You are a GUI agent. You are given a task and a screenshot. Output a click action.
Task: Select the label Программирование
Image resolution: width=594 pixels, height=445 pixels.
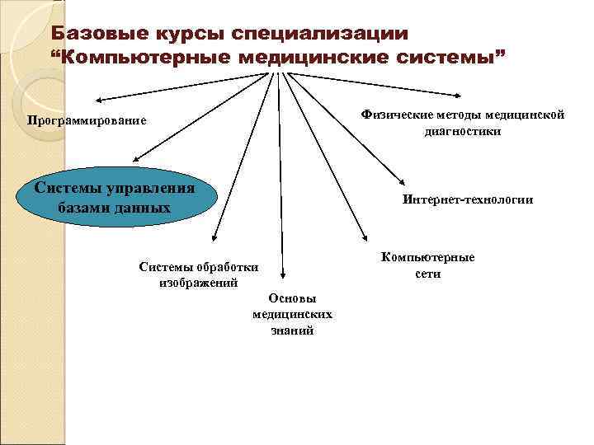[x=86, y=121]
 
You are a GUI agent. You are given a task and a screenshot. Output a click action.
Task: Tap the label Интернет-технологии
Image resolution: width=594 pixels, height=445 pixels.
[x=468, y=199]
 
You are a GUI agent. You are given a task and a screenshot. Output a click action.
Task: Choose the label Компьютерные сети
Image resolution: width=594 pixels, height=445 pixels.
[x=427, y=265]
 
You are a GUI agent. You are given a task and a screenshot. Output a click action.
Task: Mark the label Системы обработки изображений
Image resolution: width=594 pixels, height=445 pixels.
[x=198, y=274]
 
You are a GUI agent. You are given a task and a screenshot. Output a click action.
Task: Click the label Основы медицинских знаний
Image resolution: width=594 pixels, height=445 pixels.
[x=292, y=314]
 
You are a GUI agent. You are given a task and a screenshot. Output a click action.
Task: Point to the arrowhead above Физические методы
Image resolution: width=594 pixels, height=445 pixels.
[x=460, y=93]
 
